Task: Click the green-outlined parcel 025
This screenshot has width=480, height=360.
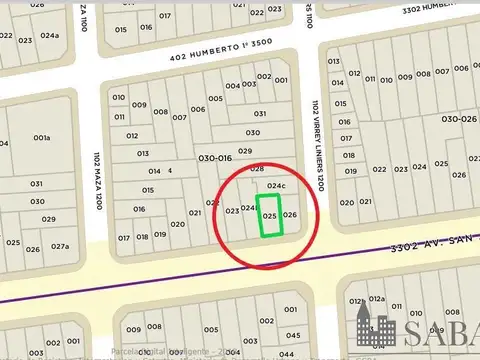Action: tap(270, 215)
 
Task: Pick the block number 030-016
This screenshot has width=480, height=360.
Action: tap(214, 158)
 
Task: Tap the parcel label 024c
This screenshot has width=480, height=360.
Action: tap(276, 187)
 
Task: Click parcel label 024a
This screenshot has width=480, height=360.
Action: tap(50, 36)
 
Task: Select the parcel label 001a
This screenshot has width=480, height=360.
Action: tap(42, 138)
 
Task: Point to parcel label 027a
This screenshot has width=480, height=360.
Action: tap(60, 246)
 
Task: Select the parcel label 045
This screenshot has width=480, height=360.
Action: tap(293, 336)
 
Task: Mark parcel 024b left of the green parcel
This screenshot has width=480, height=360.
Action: tap(249, 208)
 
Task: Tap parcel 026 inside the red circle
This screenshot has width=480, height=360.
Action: tap(290, 215)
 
